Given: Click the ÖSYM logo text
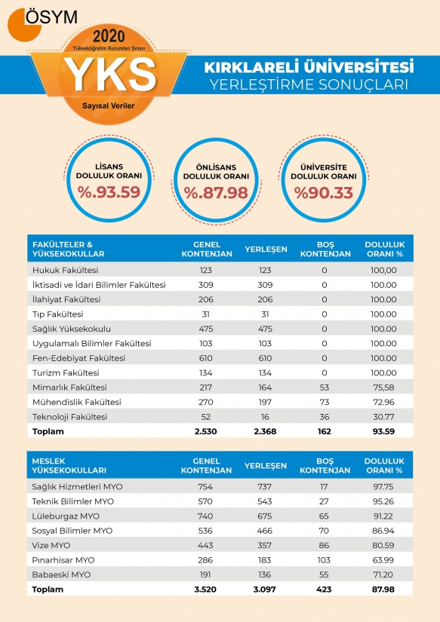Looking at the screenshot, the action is click(51, 17).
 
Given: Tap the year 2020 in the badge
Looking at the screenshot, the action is click(109, 37).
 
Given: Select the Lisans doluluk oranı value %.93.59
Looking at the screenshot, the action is click(109, 192).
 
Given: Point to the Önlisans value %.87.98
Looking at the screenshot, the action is click(216, 193).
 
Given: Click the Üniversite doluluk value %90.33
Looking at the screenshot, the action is click(324, 193).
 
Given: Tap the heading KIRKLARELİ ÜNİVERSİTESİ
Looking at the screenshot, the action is click(309, 66).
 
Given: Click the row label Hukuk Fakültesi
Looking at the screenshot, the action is click(65, 270).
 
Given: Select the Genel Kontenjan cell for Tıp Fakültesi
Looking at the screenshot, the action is click(206, 314).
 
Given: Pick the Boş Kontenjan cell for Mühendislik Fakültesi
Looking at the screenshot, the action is click(325, 403).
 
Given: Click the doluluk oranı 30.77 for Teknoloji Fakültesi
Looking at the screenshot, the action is click(383, 417).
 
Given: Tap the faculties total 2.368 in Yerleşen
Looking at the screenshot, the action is click(265, 431).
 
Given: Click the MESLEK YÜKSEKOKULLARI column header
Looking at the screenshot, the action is click(69, 466).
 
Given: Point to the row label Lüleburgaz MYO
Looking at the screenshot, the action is click(66, 516).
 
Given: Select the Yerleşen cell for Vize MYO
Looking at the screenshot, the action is click(264, 546).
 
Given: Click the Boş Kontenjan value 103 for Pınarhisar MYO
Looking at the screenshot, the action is click(324, 560).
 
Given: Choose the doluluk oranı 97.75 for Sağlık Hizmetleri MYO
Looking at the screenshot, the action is click(383, 487).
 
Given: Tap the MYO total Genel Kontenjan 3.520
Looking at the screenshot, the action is click(205, 590).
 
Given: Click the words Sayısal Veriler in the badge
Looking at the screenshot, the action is click(109, 106).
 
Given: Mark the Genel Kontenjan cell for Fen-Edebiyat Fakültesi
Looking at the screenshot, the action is click(206, 358).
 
